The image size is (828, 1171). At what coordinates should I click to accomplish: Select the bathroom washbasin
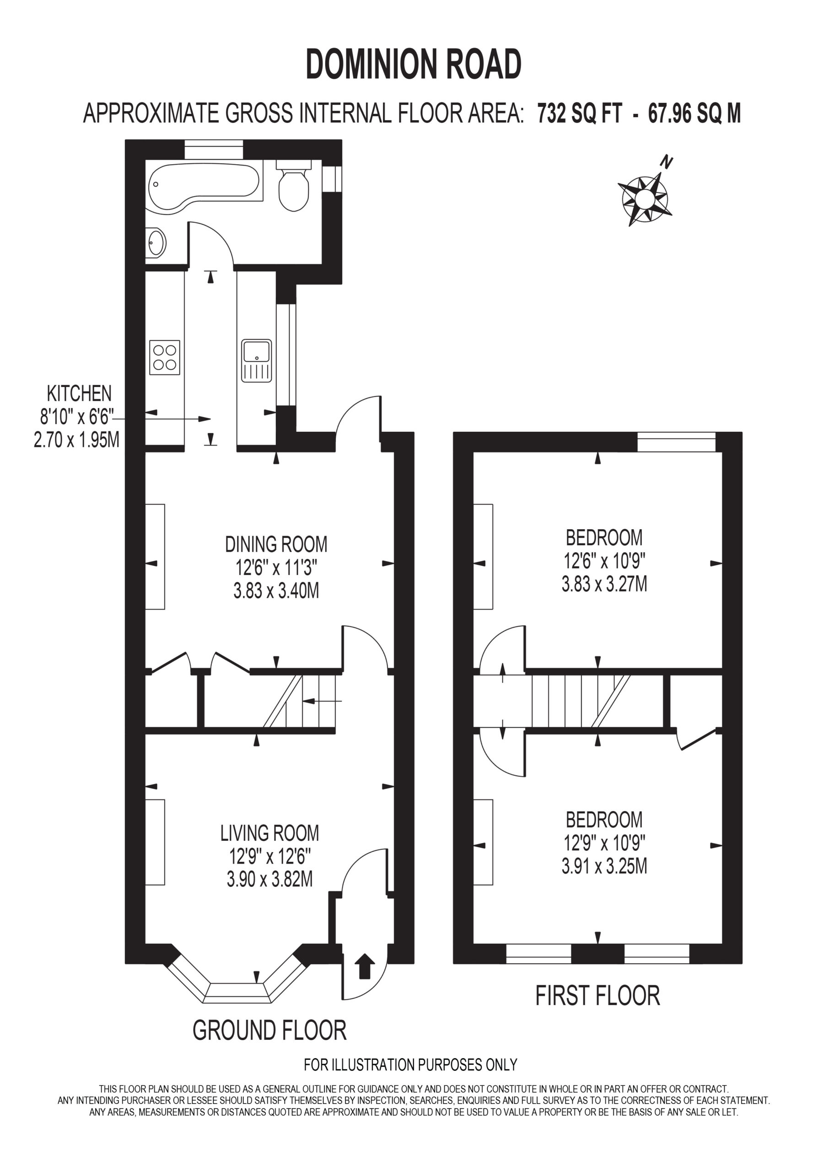156,242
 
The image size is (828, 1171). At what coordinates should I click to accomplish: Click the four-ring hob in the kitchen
165,357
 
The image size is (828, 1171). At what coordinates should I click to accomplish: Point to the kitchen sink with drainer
257,360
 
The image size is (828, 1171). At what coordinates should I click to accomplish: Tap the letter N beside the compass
666,163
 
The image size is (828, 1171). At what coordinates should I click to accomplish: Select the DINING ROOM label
276,544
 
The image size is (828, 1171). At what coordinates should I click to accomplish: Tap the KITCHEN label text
79,393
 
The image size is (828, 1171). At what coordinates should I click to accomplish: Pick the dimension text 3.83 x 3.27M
605,584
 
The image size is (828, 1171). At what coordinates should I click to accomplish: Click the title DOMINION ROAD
414,64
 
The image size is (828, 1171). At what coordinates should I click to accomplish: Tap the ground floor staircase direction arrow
322,701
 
